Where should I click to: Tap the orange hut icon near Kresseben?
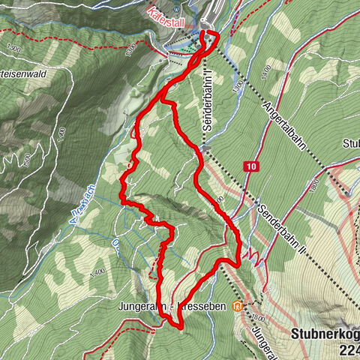click(238, 306)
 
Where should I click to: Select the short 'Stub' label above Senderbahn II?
click(350, 143)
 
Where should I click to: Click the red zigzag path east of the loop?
click(256, 259)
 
